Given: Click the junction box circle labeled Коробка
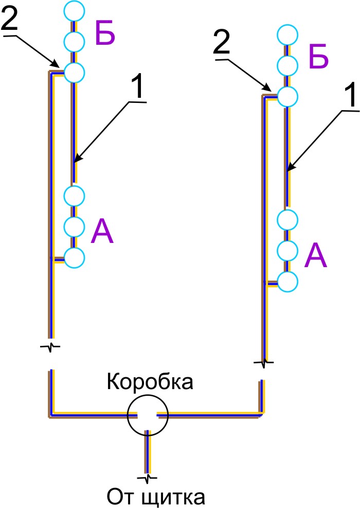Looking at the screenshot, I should [x=148, y=415].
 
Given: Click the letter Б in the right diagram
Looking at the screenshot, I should [x=318, y=58].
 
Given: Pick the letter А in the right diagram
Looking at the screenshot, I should [x=316, y=256].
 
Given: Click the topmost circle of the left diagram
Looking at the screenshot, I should [x=74, y=10].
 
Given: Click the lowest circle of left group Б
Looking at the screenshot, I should [x=74, y=72].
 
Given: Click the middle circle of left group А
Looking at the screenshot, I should [x=74, y=225].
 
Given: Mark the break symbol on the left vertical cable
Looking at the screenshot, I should [x=50, y=346].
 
